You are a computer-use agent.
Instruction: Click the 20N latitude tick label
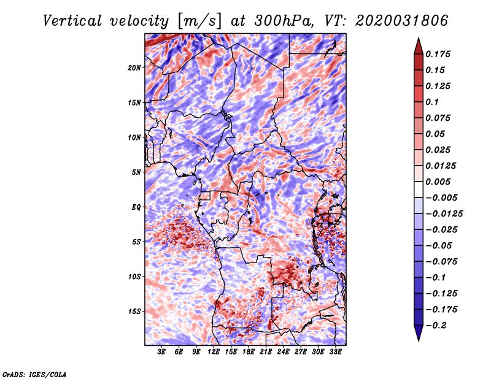point(134,68)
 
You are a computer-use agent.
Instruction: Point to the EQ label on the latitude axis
point(136,207)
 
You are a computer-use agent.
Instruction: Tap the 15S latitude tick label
point(134,312)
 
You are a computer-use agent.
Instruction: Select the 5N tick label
point(136,172)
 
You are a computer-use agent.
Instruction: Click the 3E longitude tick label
point(161,352)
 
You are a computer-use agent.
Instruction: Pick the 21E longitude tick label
point(266,352)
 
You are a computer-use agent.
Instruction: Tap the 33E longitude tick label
point(335,352)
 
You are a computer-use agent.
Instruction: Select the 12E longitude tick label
point(213,352)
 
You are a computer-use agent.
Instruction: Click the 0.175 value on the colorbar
point(438,54)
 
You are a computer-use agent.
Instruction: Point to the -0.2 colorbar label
point(436,326)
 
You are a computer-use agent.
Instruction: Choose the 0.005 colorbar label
point(438,182)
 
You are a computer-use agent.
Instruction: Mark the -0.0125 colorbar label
point(444,214)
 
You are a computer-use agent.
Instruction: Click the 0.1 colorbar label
point(432,102)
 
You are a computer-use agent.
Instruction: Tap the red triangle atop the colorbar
point(419,47)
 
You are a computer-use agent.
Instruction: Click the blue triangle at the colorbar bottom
point(419,333)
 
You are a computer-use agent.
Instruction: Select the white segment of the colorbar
point(419,189)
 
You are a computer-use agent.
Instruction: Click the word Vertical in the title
point(72,21)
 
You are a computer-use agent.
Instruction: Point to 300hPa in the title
point(284,21)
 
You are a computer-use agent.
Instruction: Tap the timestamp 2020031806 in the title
point(402,21)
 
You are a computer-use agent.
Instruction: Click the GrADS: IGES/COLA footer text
point(34,375)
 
